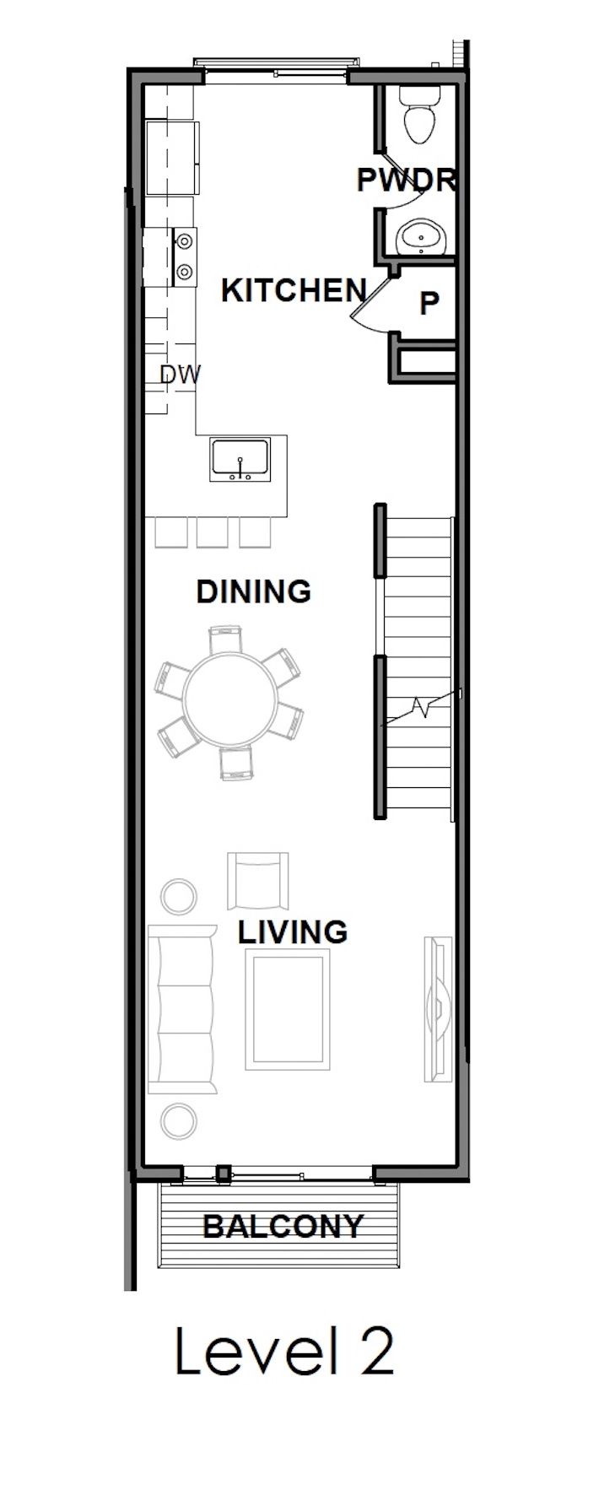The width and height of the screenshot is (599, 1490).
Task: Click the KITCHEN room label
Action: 293,290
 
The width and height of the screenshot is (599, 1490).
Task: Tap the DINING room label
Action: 253,591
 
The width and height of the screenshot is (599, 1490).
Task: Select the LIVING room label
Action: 292,932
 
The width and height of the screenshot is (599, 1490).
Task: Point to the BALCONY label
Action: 283,1226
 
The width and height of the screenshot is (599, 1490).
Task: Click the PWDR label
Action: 407,180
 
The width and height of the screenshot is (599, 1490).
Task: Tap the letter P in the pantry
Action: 429,303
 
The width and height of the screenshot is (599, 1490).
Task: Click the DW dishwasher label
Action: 181,375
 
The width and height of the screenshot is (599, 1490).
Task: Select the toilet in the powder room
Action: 419,118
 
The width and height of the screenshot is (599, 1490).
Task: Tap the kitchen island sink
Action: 241,459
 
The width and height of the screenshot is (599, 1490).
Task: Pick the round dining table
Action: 229,700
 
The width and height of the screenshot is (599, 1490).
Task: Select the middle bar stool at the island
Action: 212,532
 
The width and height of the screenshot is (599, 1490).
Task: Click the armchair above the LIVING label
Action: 258,880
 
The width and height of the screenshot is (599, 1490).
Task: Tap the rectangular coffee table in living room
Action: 287,1010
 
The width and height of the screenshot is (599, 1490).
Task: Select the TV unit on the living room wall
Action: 438,1008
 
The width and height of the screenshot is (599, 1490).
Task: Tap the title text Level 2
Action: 284,1351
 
